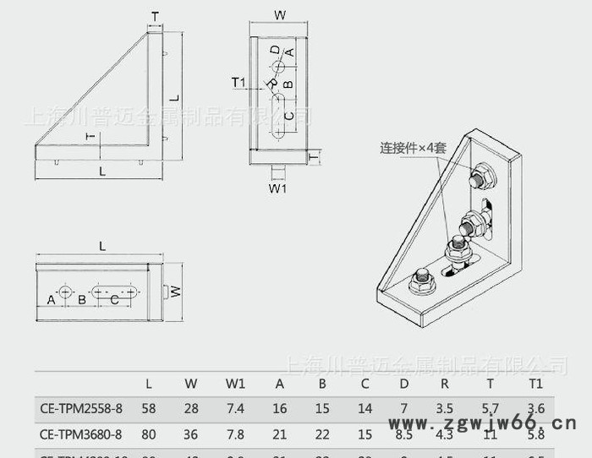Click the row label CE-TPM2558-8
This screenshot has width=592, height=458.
tap(81, 409)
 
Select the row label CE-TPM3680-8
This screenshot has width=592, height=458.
tap(81, 435)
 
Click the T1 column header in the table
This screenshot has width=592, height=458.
tap(535, 384)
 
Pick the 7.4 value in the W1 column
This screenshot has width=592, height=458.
tap(235, 409)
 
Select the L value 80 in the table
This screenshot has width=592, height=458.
tap(149, 435)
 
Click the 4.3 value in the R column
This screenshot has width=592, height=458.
tap(444, 435)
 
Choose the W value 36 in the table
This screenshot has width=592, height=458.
tap(191, 435)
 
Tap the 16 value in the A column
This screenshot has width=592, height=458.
tap(280, 409)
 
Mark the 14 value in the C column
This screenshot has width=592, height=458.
tap(365, 409)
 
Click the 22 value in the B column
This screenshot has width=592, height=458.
tap(322, 435)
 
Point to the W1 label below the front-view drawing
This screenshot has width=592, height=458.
tap(277, 188)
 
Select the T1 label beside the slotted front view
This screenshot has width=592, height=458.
tap(238, 82)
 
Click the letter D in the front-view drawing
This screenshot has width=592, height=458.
tap(276, 51)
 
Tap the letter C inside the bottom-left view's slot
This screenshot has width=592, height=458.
tap(114, 298)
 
